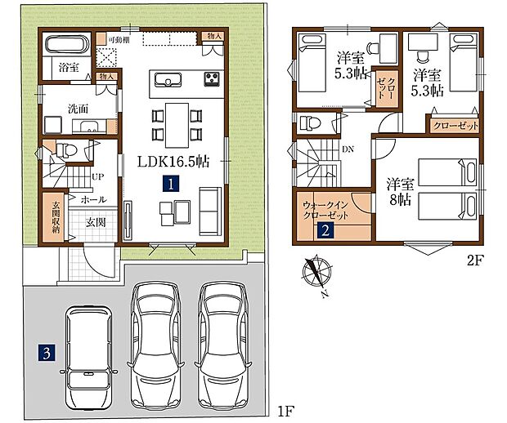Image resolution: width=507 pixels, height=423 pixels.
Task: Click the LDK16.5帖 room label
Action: (173, 162)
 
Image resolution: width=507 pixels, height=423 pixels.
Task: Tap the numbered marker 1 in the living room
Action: (171, 184)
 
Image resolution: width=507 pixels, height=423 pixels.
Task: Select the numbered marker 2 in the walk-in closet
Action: (325, 231)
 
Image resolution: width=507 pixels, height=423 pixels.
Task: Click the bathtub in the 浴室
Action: (67, 45)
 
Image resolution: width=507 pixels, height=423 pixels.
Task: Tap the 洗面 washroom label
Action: (78, 109)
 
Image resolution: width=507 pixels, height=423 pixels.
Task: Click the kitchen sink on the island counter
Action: (168, 80)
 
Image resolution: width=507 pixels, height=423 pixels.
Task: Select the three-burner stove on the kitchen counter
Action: (212, 78)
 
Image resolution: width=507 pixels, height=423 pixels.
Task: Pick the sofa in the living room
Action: (210, 211)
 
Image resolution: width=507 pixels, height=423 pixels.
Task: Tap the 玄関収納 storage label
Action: (56, 217)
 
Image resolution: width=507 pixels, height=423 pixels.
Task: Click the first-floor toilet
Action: (66, 150)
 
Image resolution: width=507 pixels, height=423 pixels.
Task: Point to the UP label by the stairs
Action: (97, 176)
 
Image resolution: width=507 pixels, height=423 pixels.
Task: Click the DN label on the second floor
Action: (348, 149)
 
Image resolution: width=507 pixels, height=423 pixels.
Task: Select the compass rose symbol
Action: (317, 272)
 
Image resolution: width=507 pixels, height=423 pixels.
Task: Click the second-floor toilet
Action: (310, 123)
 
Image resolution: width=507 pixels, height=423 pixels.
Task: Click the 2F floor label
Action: (474, 260)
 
